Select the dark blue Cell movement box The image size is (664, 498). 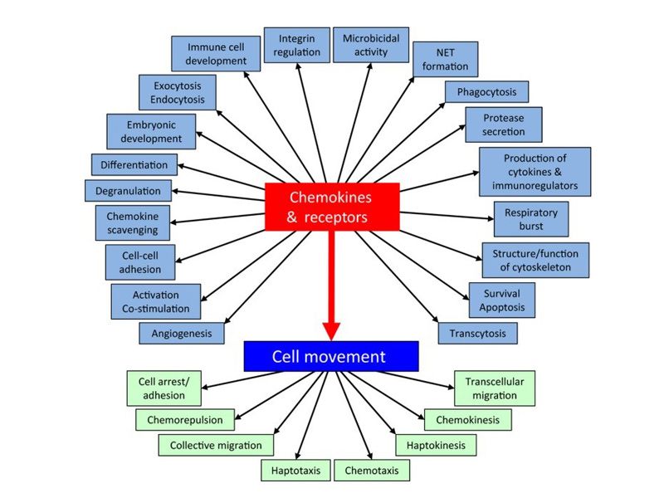click(330, 356)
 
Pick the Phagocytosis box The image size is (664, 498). click(486, 91)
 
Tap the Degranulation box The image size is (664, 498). click(128, 190)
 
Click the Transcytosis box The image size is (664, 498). click(477, 333)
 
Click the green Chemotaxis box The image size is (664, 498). click(372, 471)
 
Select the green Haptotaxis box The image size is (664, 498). click(295, 471)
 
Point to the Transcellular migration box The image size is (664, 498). click(495, 388)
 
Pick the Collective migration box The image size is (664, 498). click(216, 445)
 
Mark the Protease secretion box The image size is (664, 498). click(504, 124)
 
